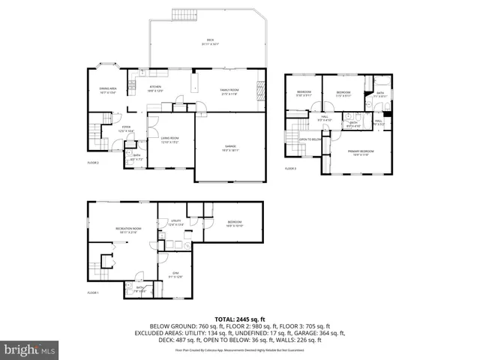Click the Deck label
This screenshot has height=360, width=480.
click(x=210, y=41)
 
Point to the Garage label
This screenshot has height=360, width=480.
click(x=231, y=147)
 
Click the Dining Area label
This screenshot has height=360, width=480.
click(x=108, y=90)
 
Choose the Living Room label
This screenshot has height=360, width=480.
click(x=169, y=139)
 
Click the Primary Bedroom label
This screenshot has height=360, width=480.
click(x=361, y=152)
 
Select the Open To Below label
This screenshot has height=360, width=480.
click(x=310, y=139)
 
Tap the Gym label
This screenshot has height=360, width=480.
click(x=175, y=274)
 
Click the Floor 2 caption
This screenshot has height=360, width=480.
click(x=93, y=163)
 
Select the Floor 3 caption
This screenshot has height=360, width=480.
click(x=290, y=169)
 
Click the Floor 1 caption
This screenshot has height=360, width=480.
click(x=93, y=292)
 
